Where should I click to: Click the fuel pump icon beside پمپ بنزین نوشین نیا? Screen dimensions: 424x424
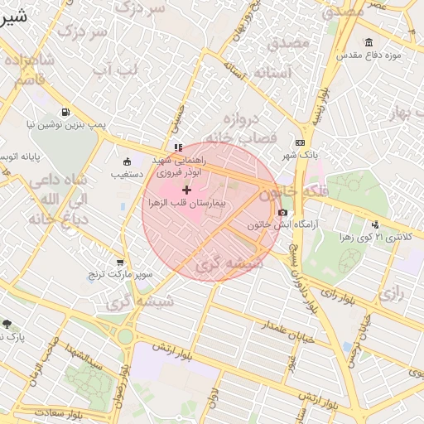coord(65,112)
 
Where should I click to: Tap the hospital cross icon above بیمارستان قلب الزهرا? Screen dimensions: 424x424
coord(185,190)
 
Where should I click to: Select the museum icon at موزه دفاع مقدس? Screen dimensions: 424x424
coord(368,43)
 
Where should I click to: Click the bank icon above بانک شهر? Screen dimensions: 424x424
coord(299,142)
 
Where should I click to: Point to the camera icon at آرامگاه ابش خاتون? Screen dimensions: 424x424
coord(283,213)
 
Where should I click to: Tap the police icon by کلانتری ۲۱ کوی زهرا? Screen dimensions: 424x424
coord(375,224)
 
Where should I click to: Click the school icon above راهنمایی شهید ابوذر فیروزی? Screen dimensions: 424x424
coord(178,147)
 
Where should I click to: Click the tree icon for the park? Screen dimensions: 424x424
coord(7,324)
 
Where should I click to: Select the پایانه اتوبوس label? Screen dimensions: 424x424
coord(17,157)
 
